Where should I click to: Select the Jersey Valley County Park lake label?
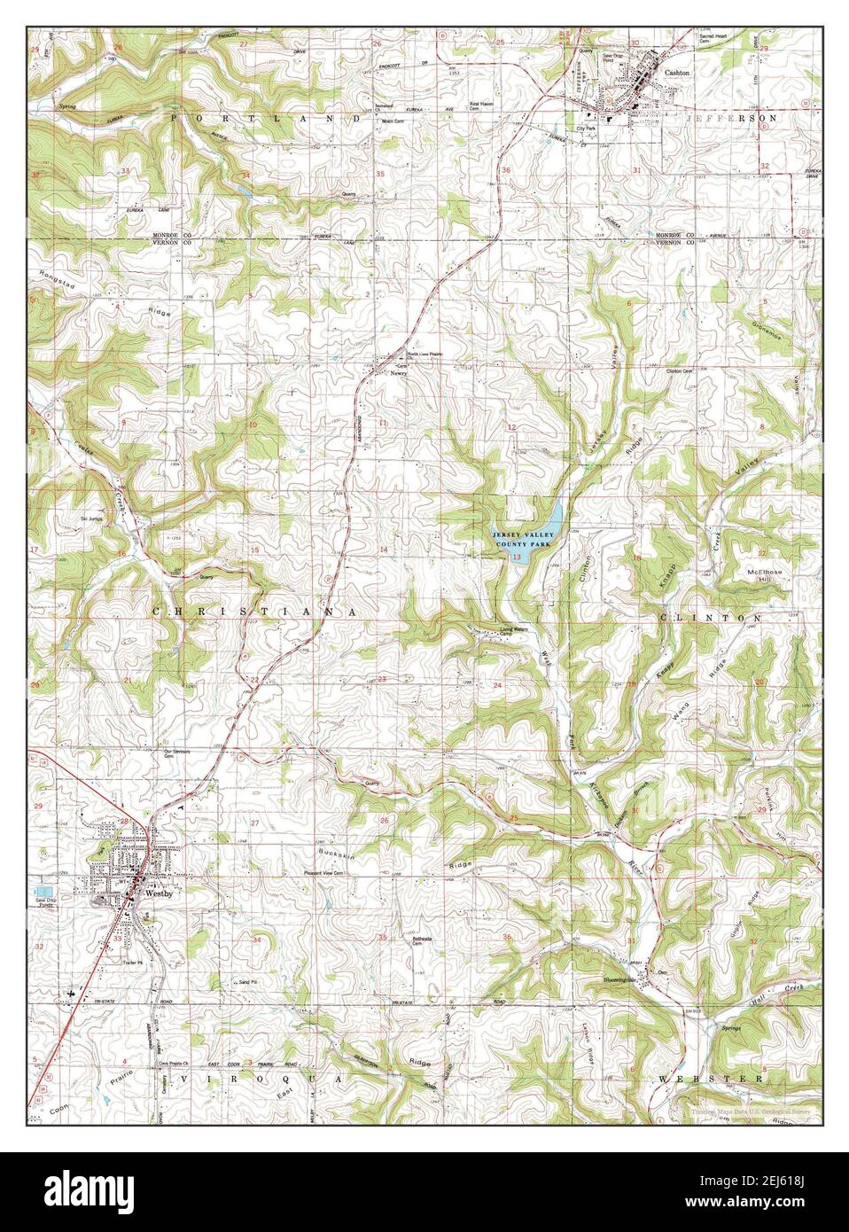click(x=527, y=536)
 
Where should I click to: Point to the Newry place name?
click(x=398, y=374)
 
